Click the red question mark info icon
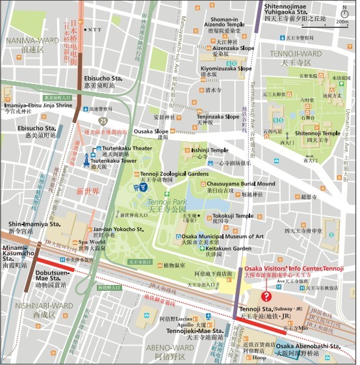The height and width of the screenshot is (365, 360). [x=266, y=296]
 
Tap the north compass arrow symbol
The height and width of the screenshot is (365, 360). [x=344, y=11]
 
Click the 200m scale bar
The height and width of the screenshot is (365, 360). [x=342, y=23]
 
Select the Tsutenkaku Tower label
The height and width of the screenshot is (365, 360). [x=114, y=161]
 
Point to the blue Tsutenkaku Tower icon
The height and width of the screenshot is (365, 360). [x=86, y=159]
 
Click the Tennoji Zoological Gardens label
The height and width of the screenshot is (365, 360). [x=175, y=174]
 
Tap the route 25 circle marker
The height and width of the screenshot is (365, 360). [x=103, y=120]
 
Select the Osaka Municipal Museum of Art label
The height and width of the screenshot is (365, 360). [x=223, y=236]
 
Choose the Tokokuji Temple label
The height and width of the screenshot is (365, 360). [x=232, y=216]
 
